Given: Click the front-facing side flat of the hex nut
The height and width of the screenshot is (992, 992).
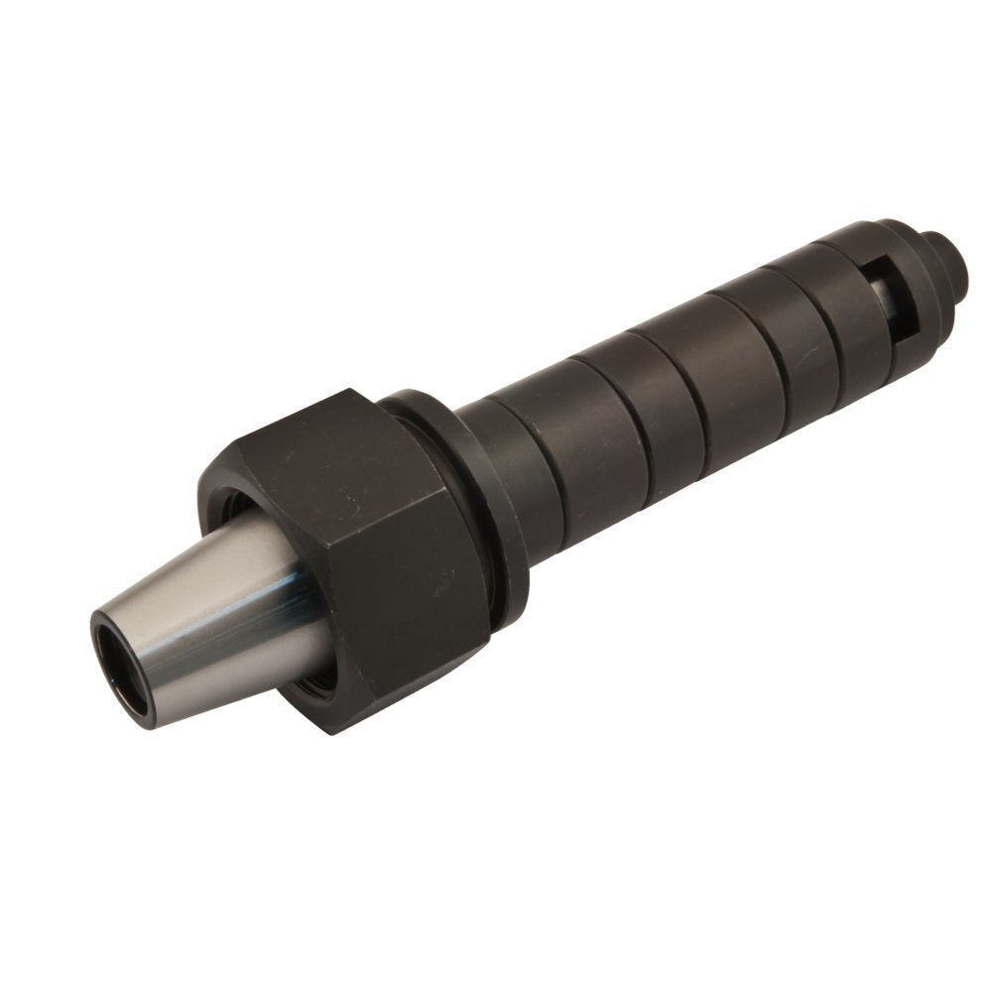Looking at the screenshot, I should tap(417, 615).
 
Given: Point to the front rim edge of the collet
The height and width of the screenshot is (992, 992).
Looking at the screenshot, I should tap(95, 635).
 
